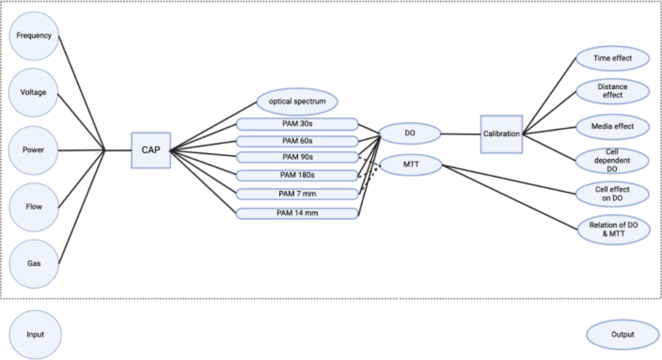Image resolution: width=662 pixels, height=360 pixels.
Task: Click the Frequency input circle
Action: coord(34,36)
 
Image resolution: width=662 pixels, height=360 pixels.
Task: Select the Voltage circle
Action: coord(34,93)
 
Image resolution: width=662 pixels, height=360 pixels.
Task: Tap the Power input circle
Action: coord(34,150)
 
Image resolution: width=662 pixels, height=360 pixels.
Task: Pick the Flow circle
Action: coord(34,207)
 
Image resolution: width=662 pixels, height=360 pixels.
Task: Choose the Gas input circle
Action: coord(34,264)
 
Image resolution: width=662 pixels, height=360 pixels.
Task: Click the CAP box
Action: coord(151,150)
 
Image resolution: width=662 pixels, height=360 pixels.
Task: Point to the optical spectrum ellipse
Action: coord(297,102)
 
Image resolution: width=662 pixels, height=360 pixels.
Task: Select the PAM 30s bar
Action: coord(297,124)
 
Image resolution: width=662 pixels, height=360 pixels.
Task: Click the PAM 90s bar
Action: coord(297,157)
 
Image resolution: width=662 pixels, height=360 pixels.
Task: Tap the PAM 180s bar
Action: coord(297,175)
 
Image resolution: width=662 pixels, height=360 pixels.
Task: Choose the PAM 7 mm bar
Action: coord(297,194)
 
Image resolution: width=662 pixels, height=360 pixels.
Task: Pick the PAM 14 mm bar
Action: coord(297,213)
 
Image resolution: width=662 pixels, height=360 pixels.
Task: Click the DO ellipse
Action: coord(410,134)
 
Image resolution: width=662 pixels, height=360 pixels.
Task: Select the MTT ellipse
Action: coord(411,165)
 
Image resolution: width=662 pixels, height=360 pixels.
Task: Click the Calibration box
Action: coord(501,134)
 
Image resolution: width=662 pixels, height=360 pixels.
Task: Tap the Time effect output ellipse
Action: coord(613,58)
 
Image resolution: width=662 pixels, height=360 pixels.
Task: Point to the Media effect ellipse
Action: coord(613,127)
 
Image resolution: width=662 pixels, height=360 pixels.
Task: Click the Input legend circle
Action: coord(35,335)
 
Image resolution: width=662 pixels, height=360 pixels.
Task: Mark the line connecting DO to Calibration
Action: coord(460,134)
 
